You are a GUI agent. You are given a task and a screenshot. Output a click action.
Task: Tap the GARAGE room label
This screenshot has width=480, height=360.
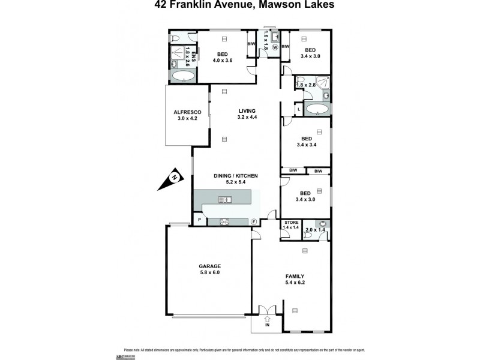click(x=210, y=266)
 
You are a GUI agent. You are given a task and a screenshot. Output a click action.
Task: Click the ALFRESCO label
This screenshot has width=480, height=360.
click(x=187, y=112)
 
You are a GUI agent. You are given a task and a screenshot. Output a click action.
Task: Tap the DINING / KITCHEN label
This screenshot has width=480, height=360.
click(x=236, y=175)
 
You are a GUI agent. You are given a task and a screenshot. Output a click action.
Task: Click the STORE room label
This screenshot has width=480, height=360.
click(x=291, y=223)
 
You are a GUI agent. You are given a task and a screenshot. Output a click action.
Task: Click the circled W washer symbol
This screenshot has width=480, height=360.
click(x=275, y=47)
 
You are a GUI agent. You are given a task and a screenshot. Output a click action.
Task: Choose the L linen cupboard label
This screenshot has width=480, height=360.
click(x=298, y=109)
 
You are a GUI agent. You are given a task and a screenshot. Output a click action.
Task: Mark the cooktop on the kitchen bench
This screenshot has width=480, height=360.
click(x=226, y=221)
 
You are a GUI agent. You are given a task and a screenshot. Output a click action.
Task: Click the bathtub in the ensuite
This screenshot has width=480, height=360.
click(x=183, y=76)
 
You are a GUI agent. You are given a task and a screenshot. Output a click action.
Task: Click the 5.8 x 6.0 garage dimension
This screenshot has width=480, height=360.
click(x=210, y=273)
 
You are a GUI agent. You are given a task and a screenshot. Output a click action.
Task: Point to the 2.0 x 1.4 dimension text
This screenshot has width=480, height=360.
click(x=315, y=230)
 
